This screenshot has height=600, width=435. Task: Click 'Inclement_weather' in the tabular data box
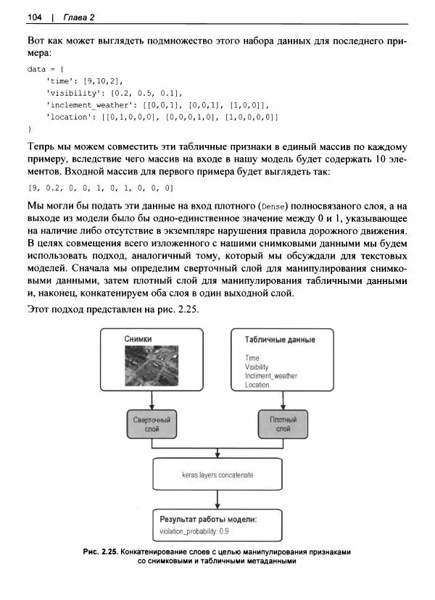pyautogui.click(x=271, y=376)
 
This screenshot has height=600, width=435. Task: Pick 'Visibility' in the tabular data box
pyautogui.click(x=257, y=367)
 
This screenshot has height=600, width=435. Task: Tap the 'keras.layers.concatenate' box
pyautogui.click(x=217, y=475)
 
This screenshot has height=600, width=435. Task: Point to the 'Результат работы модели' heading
pyautogui.click(x=208, y=520)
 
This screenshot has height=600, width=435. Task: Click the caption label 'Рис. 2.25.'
pyautogui.click(x=101, y=552)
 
